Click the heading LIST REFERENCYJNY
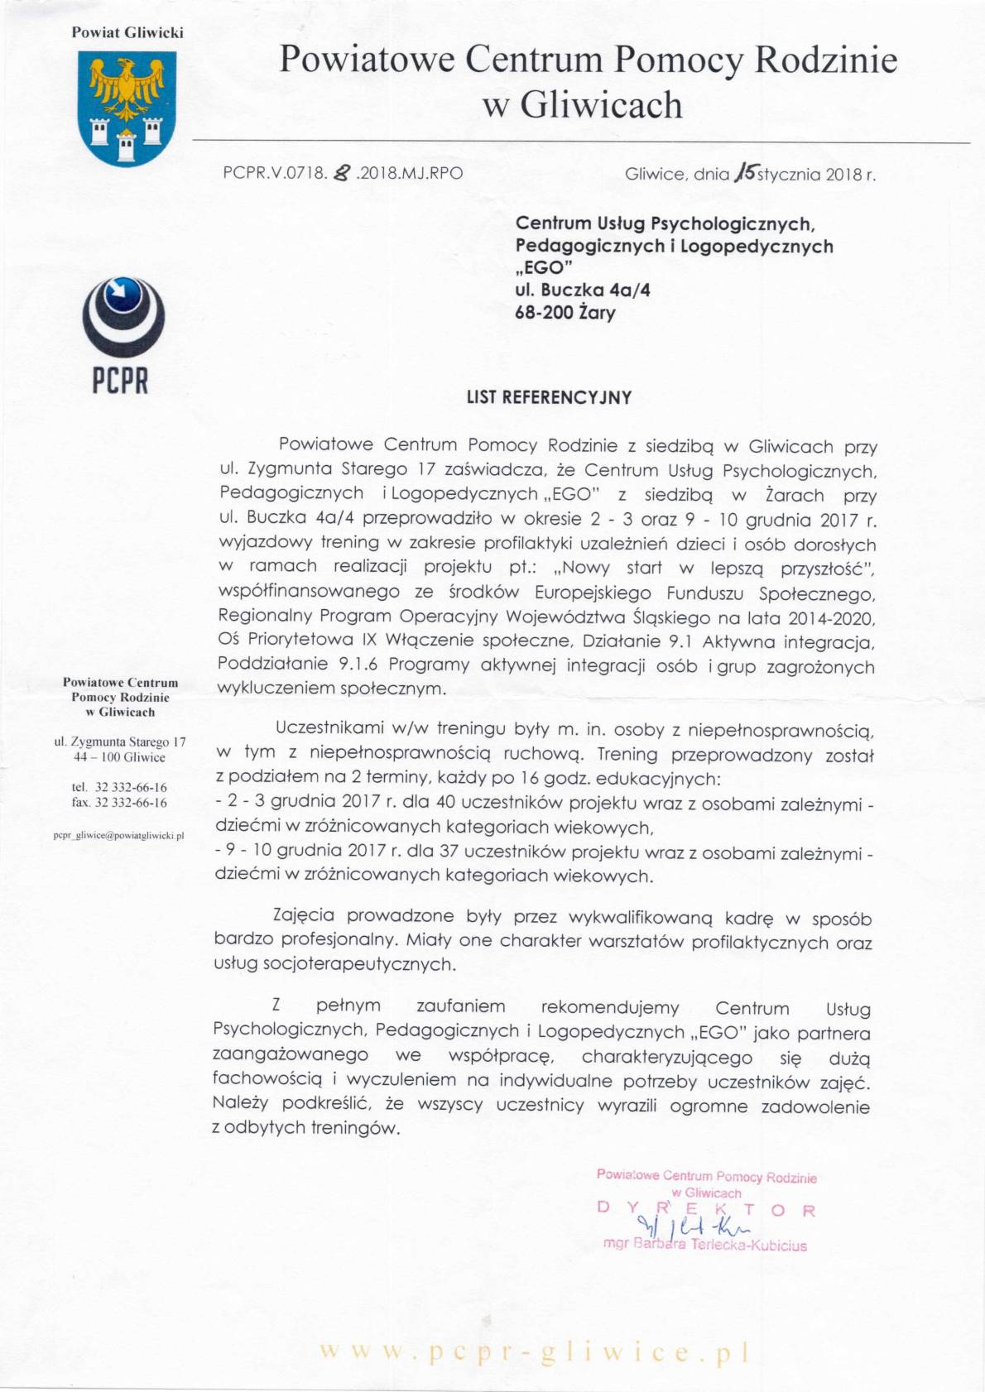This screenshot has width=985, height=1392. (x=549, y=397)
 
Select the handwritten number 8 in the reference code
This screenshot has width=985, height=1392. (x=340, y=173)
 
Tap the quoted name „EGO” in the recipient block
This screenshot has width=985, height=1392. (x=544, y=268)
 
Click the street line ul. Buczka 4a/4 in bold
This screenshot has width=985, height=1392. (x=582, y=290)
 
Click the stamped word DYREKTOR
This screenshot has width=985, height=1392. (x=705, y=1210)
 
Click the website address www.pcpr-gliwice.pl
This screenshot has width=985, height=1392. (x=535, y=1351)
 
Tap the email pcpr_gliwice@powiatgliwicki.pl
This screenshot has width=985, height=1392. (x=119, y=836)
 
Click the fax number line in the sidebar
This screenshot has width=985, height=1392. (x=119, y=803)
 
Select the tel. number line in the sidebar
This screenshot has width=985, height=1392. (x=119, y=787)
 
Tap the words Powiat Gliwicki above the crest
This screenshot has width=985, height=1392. (x=127, y=33)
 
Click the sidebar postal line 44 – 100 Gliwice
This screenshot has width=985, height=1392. (x=119, y=757)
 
